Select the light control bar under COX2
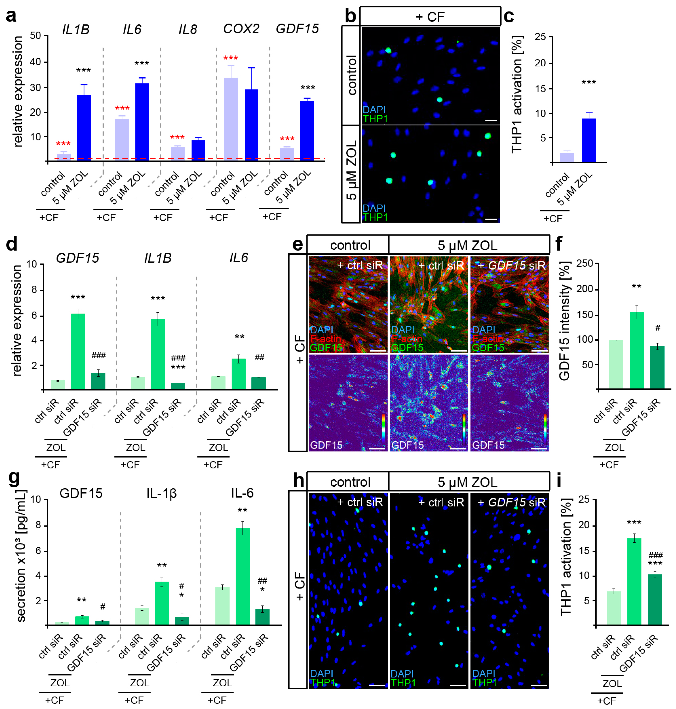[231, 119]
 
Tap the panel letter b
[350, 16]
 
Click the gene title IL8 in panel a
[188, 29]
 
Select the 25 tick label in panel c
[541, 37]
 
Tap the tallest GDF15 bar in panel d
[78, 351]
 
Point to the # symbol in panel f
[658, 328]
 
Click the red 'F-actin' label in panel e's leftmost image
[325, 339]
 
